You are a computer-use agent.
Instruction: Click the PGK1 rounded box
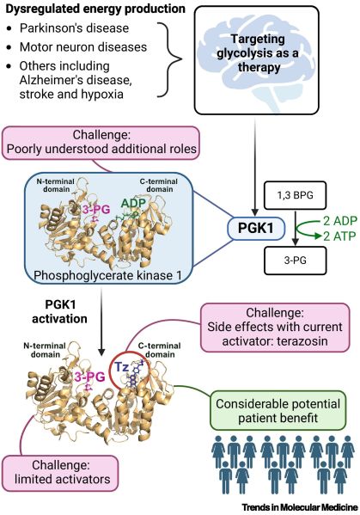(x=256, y=228)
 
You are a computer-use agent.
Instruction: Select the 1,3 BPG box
(x=295, y=195)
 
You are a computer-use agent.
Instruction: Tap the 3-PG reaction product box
(x=295, y=261)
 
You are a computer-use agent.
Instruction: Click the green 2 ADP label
(x=339, y=221)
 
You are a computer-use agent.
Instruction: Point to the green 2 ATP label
(x=339, y=236)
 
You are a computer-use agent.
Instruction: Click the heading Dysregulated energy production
(x=95, y=9)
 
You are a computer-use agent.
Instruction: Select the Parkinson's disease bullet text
(x=74, y=28)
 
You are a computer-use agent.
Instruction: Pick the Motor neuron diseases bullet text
(x=83, y=47)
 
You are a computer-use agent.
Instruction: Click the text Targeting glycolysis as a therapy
(x=258, y=53)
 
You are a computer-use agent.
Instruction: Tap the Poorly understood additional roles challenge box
(x=101, y=143)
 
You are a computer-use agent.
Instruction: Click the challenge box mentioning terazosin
(x=275, y=328)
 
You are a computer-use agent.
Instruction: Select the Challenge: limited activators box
(x=60, y=473)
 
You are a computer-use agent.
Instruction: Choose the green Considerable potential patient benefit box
(x=278, y=410)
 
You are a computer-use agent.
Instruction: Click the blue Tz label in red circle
(x=121, y=367)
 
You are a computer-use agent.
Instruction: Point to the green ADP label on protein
(x=133, y=203)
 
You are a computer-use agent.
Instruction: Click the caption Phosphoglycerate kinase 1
(x=107, y=275)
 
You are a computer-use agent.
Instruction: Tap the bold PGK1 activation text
(x=60, y=311)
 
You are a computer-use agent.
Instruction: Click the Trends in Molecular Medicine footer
(x=300, y=507)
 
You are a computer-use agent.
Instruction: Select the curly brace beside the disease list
(x=169, y=59)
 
